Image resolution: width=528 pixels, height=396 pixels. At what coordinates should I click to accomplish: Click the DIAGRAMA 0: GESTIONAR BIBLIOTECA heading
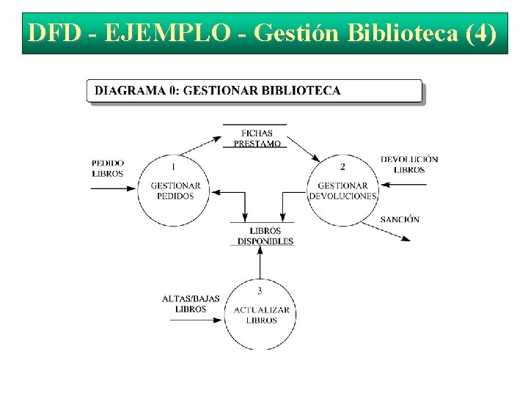pyautogui.click(x=218, y=91)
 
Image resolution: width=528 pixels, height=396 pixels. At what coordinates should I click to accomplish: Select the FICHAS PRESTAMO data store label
pyautogui.click(x=257, y=139)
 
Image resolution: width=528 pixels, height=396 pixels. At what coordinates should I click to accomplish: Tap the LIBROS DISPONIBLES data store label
pyautogui.click(x=265, y=236)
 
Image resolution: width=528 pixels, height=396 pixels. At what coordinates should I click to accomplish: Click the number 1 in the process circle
pyautogui.click(x=173, y=166)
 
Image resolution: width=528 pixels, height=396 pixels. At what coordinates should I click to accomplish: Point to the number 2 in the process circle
pyautogui.click(x=342, y=166)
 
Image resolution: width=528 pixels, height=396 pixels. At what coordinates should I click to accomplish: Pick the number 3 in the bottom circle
pyautogui.click(x=260, y=290)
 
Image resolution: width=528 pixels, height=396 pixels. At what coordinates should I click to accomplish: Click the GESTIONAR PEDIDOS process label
pyautogui.click(x=175, y=191)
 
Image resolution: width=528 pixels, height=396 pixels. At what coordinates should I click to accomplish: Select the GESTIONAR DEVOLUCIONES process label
pyautogui.click(x=342, y=191)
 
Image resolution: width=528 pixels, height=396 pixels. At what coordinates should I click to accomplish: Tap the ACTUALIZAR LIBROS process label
pyautogui.click(x=261, y=315)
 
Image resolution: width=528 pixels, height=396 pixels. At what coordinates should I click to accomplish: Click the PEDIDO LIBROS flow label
pyautogui.click(x=108, y=169)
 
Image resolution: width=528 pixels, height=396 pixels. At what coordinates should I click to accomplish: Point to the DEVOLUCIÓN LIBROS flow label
pyautogui.click(x=409, y=164)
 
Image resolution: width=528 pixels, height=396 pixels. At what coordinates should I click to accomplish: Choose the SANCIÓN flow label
pyautogui.click(x=400, y=219)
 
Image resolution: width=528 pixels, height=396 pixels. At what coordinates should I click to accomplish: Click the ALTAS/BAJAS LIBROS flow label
pyautogui.click(x=191, y=304)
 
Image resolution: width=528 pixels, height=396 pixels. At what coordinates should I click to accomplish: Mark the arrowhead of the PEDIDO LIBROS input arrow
pyautogui.click(x=133, y=188)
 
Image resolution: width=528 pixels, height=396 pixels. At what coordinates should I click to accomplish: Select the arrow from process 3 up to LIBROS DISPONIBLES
pyautogui.click(x=259, y=264)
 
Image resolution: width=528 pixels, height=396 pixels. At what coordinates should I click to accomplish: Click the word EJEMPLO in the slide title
pyautogui.click(x=166, y=34)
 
